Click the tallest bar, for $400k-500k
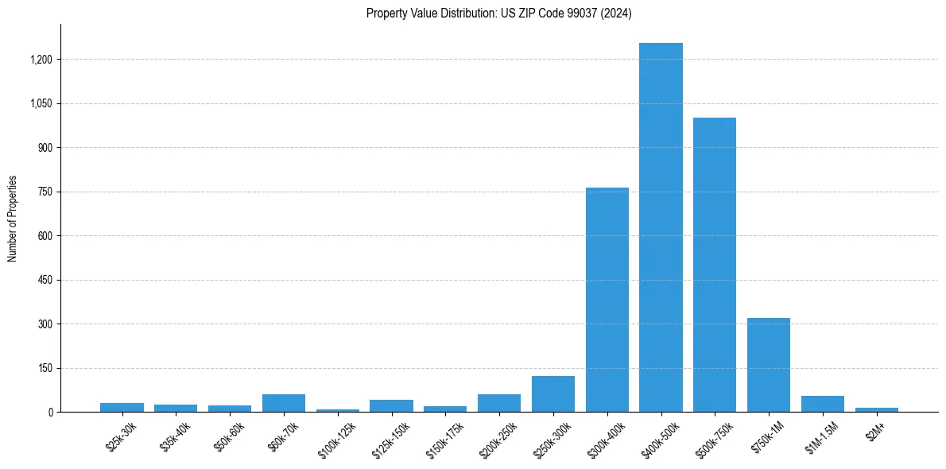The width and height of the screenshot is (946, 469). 661,227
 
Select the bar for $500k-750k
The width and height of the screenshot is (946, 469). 715,265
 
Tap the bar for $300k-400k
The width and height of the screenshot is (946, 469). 607,300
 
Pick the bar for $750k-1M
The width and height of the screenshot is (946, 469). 769,365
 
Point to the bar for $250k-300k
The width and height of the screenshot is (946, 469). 553,394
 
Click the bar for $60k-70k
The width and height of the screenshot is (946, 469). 284,403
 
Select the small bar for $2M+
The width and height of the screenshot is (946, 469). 877,409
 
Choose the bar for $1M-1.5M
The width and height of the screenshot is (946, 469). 823,404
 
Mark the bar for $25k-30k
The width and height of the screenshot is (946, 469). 122,407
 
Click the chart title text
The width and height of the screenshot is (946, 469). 498,14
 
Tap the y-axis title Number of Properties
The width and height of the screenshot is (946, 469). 13,219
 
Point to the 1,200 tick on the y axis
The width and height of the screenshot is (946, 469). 41,60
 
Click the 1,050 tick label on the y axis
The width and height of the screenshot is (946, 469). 41,103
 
